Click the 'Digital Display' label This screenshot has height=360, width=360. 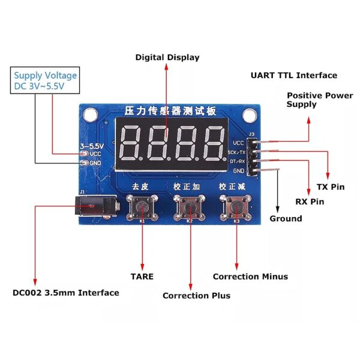(167, 58)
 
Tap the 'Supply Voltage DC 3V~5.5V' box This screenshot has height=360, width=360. (46, 81)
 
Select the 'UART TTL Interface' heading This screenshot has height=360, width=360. (293, 76)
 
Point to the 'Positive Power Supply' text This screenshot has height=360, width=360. (320, 100)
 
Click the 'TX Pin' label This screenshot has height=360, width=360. (331, 187)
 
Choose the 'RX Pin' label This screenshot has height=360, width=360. (310, 202)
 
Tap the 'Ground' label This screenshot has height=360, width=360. (286, 218)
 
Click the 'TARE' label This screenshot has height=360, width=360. (142, 277)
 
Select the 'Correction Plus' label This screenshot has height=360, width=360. (196, 295)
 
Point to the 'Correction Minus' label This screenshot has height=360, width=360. (250, 277)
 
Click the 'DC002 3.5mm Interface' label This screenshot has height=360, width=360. (66, 293)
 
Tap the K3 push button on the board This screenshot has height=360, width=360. (236, 207)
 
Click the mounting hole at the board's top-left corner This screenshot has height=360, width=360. (91, 113)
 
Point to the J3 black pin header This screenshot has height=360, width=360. (254, 156)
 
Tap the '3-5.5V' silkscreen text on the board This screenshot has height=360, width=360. (91, 146)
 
